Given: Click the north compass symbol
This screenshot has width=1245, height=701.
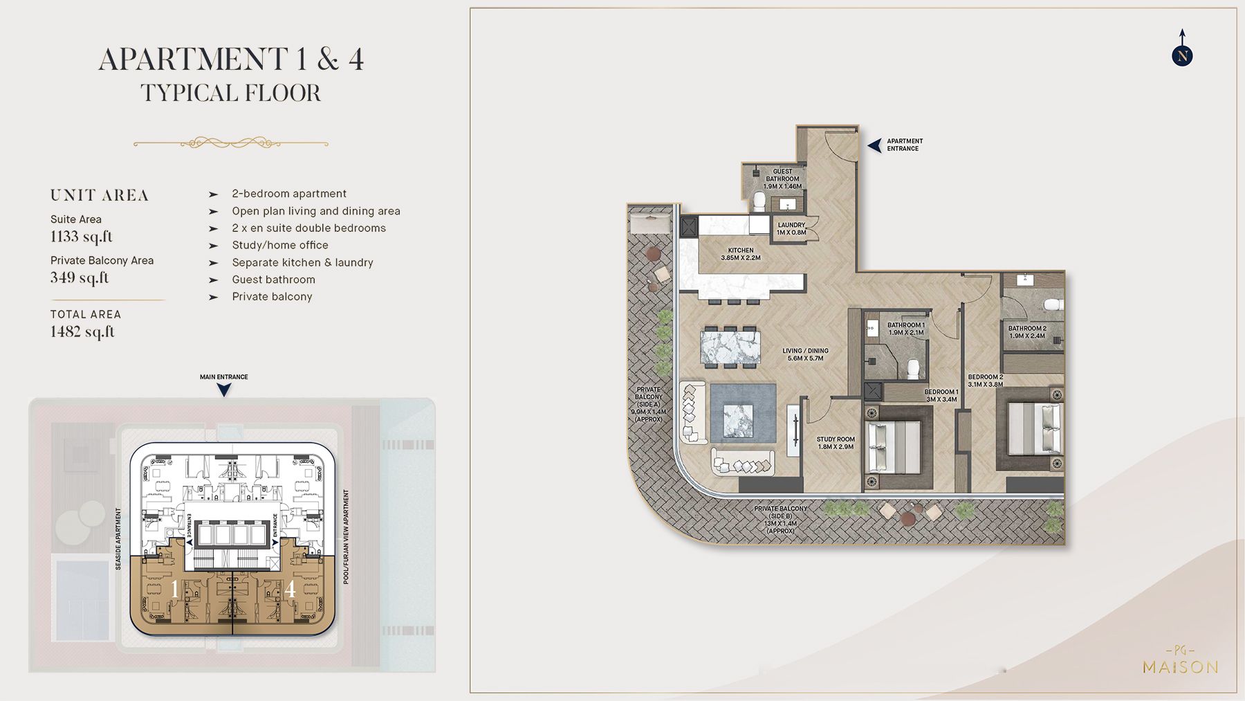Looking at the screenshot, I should click(1182, 55).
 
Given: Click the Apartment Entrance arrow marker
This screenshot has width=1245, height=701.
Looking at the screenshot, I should click(875, 145).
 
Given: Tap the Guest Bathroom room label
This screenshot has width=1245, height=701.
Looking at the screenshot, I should click(782, 179).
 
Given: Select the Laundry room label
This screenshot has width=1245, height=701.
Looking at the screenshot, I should click(791, 229).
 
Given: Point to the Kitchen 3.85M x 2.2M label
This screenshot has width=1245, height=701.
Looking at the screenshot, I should click(740, 254).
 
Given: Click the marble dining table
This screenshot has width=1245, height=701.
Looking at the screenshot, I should click(730, 347).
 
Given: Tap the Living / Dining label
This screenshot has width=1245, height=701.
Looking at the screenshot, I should click(805, 354).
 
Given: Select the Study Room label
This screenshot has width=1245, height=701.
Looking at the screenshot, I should click(836, 443).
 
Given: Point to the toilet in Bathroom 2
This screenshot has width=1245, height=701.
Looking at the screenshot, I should click(1053, 304).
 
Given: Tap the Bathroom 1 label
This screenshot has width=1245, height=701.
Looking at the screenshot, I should click(905, 329).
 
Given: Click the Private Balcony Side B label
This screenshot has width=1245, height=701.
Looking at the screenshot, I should click(780, 520).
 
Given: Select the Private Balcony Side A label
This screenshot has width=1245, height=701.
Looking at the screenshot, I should click(648, 404).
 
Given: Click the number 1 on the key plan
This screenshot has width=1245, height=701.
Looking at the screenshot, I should click(174, 589).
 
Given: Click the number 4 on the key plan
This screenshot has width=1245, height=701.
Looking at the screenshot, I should click(290, 589).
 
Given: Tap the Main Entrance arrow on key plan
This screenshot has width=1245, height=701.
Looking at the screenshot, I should click(223, 390).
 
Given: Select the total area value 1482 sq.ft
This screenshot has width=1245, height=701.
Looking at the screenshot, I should click(82, 331).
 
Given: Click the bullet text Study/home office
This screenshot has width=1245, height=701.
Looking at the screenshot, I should click(280, 245).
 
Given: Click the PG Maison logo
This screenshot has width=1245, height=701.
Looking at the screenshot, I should click(1180, 661).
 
